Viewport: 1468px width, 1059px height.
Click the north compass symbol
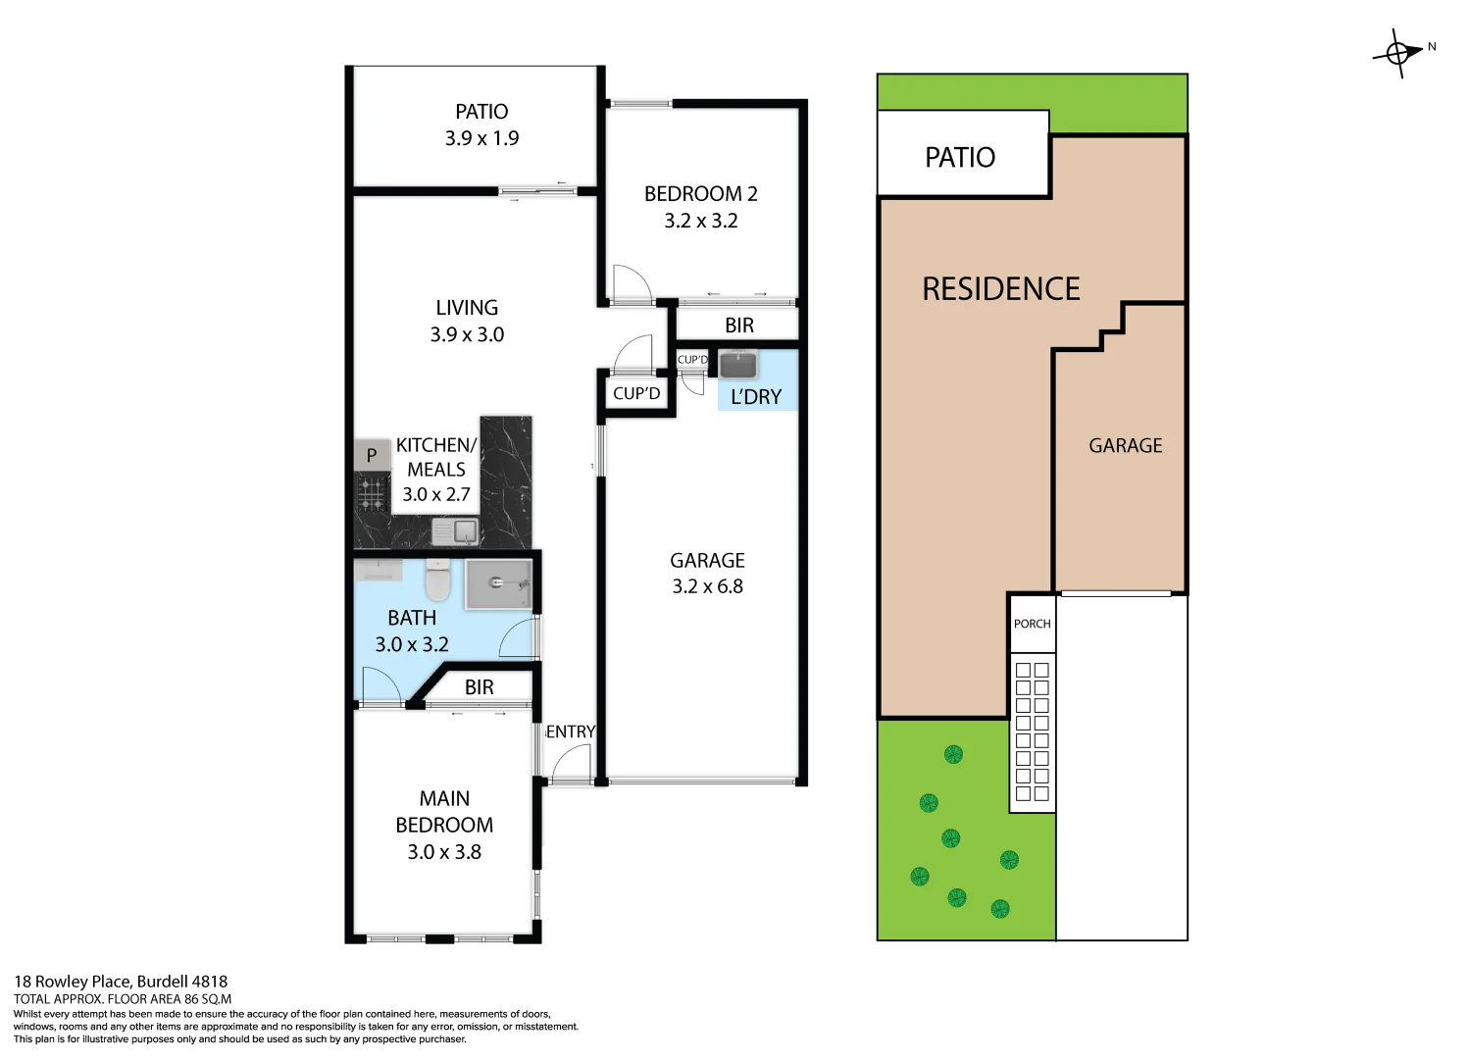1398,53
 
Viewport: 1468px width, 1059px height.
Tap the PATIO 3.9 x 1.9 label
481,125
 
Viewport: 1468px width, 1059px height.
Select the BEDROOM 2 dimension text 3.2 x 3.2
701,222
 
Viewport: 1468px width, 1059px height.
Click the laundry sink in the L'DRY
738,365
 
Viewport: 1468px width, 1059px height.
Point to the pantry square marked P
372,455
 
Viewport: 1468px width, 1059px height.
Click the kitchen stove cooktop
372,493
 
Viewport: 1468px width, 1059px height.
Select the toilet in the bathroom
437,580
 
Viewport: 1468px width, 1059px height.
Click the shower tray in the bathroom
498,584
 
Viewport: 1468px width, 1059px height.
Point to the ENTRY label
571,731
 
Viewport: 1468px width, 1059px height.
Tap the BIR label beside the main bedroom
480,687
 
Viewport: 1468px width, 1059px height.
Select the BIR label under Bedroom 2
739,326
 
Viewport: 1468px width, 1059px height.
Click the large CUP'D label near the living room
636,394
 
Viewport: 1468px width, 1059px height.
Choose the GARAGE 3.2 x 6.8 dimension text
707,586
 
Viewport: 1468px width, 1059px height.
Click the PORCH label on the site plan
1032,624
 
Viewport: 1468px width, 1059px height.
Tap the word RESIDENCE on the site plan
1001,289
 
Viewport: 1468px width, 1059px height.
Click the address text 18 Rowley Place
121,982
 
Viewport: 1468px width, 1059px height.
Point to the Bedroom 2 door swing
631,283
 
